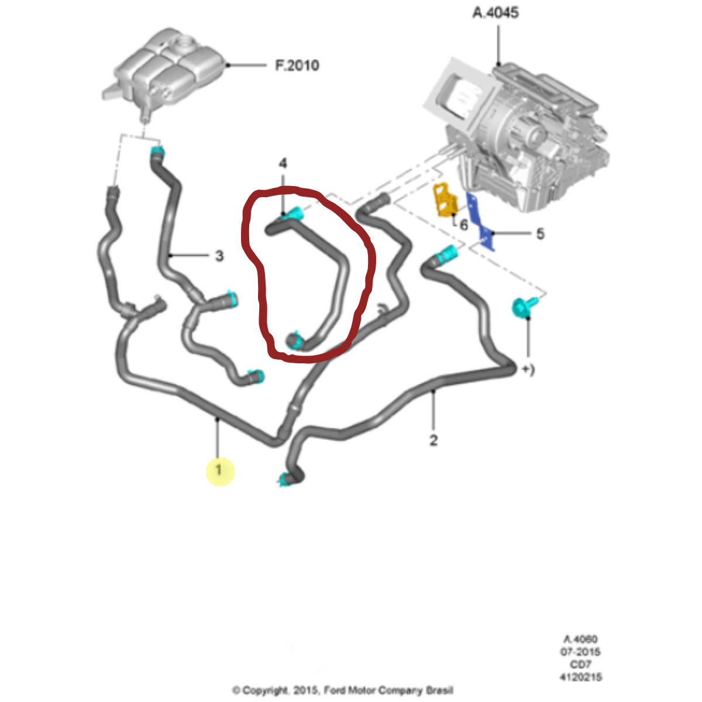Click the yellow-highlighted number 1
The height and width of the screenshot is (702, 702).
[x=219, y=470]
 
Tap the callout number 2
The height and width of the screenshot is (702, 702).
[x=433, y=440]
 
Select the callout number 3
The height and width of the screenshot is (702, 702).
[x=219, y=256]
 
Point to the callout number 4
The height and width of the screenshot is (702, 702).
[x=283, y=162]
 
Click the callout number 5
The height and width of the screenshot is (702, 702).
[x=540, y=234]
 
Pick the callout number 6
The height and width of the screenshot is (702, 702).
[x=464, y=225]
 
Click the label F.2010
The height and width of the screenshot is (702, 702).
[x=297, y=65]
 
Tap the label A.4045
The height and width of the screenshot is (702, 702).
[x=495, y=12]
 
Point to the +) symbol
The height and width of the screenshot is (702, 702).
[x=528, y=370]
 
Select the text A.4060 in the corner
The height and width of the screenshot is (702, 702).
[x=580, y=639]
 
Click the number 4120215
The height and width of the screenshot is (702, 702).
[x=580, y=677]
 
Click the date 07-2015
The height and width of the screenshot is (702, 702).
[x=580, y=652]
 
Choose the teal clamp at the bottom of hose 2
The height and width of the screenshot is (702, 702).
[x=286, y=480]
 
